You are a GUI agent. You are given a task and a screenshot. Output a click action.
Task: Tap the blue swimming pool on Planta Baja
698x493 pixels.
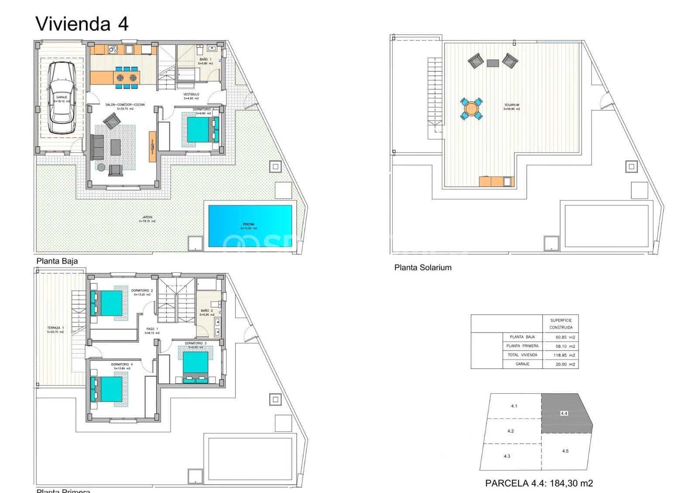coord(250,226)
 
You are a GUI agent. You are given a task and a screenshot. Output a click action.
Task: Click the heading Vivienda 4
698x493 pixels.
coord(82,24)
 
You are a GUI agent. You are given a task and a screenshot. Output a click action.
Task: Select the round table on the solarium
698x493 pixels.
coord(472,108)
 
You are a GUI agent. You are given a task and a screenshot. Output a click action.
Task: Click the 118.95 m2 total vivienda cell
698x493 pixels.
coord(564,355)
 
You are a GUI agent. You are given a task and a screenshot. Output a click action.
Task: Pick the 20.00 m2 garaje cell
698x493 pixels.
coord(564,364)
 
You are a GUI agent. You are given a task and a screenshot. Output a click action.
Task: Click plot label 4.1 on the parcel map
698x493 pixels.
coord(514,406)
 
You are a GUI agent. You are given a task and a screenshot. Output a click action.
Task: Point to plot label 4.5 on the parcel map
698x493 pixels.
coord(565,451)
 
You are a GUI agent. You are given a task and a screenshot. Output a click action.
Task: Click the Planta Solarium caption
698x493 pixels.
coord(423,268)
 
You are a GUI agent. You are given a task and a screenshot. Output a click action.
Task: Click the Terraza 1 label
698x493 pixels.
coord(55,330)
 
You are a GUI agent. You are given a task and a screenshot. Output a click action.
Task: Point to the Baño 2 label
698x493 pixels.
coord(207,312)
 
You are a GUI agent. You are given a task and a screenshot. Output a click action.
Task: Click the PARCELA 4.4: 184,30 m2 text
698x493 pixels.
coord(539,483)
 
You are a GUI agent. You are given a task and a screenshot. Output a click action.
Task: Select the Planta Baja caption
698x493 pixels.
coord(57,261)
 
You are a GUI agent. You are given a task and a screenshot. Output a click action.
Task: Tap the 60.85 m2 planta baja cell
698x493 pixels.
coord(564,337)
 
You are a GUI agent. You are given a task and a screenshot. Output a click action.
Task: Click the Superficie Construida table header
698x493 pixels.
coord(561,324)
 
